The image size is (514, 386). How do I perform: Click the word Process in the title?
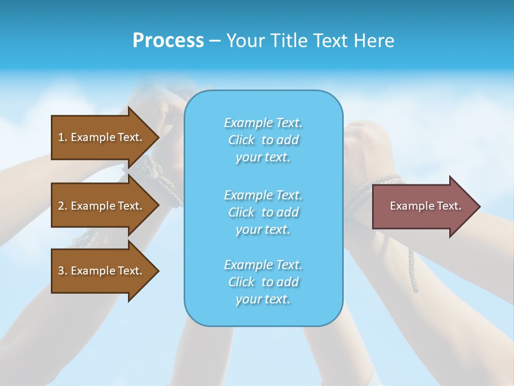(x=168, y=41)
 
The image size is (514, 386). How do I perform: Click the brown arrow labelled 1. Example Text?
(x=102, y=137)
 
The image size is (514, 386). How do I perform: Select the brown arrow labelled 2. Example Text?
(x=102, y=206)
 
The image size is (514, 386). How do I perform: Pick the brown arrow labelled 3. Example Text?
(x=102, y=271)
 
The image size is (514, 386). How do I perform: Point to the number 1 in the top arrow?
(x=61, y=137)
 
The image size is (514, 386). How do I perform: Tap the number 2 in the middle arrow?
(x=61, y=206)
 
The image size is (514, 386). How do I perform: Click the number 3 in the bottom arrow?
(x=61, y=271)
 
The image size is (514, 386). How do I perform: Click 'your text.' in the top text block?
(x=263, y=158)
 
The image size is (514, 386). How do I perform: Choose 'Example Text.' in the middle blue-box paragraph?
(x=263, y=195)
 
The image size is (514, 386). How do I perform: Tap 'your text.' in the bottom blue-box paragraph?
(x=263, y=300)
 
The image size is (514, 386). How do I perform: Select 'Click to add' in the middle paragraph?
(x=263, y=212)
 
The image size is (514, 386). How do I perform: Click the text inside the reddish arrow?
(x=425, y=206)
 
